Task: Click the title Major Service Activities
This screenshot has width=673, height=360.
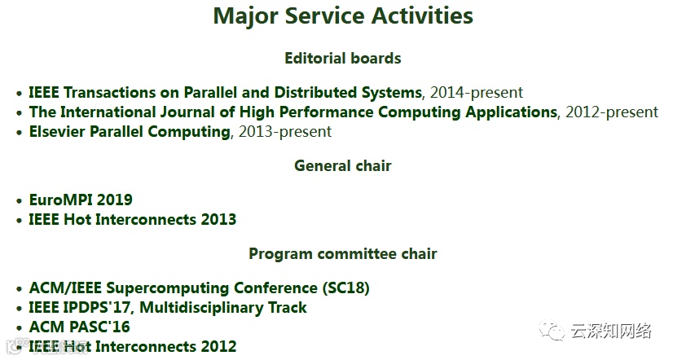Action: [343, 15]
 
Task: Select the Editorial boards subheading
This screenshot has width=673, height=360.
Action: [342, 58]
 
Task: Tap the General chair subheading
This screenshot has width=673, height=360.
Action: [342, 165]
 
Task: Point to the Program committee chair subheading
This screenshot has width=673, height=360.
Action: [342, 253]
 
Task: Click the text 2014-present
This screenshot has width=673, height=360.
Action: [477, 92]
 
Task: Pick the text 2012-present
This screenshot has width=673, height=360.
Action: [612, 112]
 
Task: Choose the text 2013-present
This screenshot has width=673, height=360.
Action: [285, 131]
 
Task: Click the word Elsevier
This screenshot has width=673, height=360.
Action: [57, 131]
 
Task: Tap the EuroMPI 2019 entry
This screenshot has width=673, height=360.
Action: [81, 200]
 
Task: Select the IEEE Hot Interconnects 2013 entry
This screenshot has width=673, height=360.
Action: [133, 219]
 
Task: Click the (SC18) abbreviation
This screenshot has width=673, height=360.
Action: [346, 288]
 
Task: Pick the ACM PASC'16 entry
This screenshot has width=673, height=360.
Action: [79, 327]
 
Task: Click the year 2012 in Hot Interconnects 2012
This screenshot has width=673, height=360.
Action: [219, 346]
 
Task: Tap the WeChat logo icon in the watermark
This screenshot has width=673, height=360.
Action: [552, 331]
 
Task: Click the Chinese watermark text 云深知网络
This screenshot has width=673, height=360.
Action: [611, 331]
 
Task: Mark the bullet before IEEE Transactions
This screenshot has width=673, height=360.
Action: [19, 93]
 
